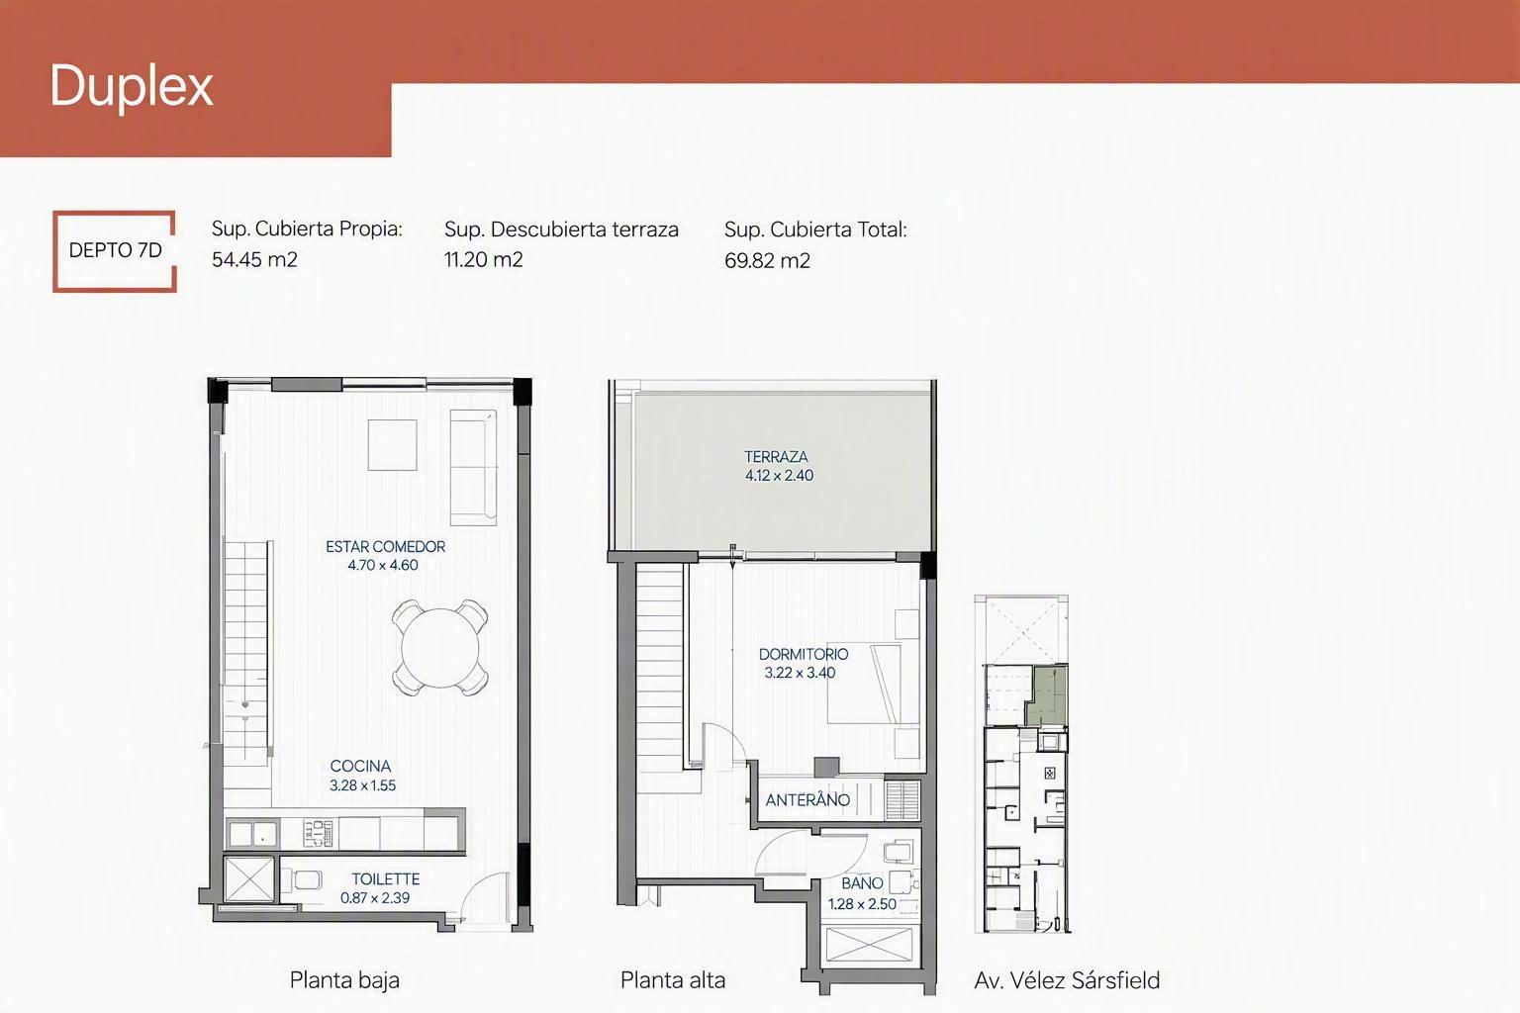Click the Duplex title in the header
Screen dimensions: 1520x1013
(132, 87)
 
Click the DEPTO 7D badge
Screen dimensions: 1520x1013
(115, 251)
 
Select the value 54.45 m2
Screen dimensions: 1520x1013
(254, 260)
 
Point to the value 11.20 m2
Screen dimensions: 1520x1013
(483, 260)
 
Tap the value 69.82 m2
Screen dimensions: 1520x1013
(767, 260)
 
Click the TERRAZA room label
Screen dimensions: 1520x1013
(776, 457)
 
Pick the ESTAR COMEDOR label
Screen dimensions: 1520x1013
(385, 547)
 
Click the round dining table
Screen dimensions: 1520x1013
(439, 648)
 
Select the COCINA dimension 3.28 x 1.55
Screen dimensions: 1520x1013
(362, 785)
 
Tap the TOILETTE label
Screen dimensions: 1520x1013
(385, 879)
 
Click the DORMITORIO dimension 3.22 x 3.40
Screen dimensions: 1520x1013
(800, 673)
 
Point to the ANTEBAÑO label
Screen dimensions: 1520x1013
(807, 800)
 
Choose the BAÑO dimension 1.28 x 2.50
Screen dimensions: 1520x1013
(862, 904)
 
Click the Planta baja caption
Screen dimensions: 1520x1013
(344, 980)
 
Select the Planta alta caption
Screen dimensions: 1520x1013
(673, 980)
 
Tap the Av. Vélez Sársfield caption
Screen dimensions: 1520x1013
(1067, 980)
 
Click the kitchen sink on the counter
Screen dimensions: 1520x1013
(252, 834)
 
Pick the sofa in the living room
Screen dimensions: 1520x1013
(473, 468)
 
